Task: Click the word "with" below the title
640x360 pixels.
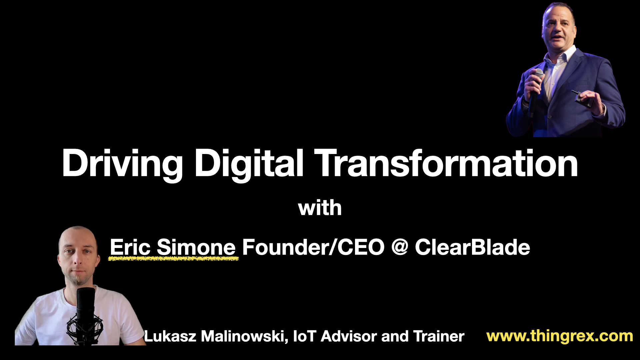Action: (320, 208)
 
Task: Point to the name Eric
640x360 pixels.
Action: (130, 247)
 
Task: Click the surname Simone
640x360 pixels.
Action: (196, 247)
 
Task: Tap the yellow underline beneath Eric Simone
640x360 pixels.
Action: (173, 258)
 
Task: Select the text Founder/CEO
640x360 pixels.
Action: (313, 247)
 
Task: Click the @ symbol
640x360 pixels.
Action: (400, 247)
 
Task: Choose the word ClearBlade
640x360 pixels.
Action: (472, 247)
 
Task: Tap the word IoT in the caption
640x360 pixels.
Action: (304, 336)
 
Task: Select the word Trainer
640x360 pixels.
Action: (439, 336)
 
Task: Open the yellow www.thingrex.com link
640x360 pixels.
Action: (560, 336)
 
